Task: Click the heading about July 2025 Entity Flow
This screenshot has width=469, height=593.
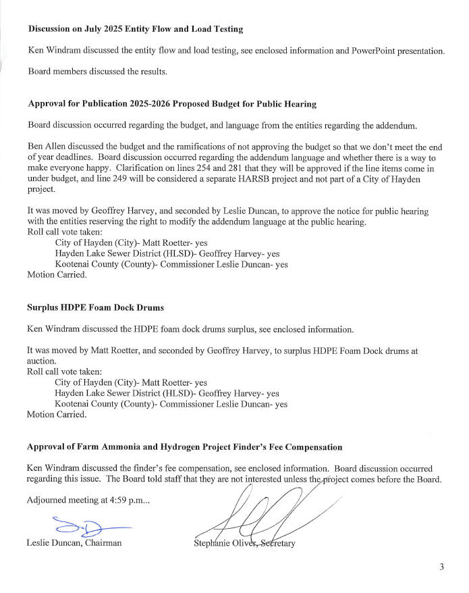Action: (x=135, y=29)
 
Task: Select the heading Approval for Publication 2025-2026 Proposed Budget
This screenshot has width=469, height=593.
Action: (x=172, y=104)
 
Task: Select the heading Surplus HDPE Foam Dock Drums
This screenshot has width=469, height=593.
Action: (x=95, y=307)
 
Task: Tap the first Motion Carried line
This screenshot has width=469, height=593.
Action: (x=57, y=275)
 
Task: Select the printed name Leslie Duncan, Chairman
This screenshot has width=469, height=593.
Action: (x=74, y=542)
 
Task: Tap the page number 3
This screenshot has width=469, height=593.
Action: (x=441, y=567)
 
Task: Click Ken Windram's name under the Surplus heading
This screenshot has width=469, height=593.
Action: (x=55, y=329)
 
